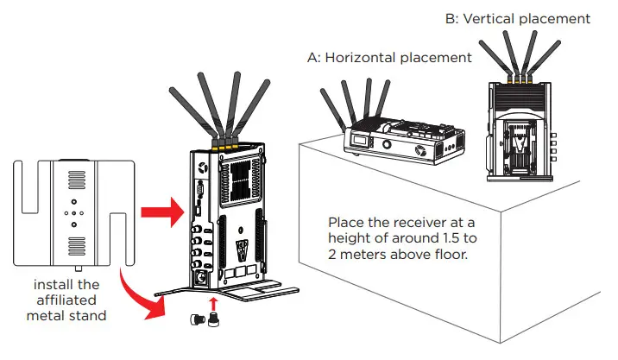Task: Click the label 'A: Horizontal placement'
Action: pyautogui.click(x=389, y=58)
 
